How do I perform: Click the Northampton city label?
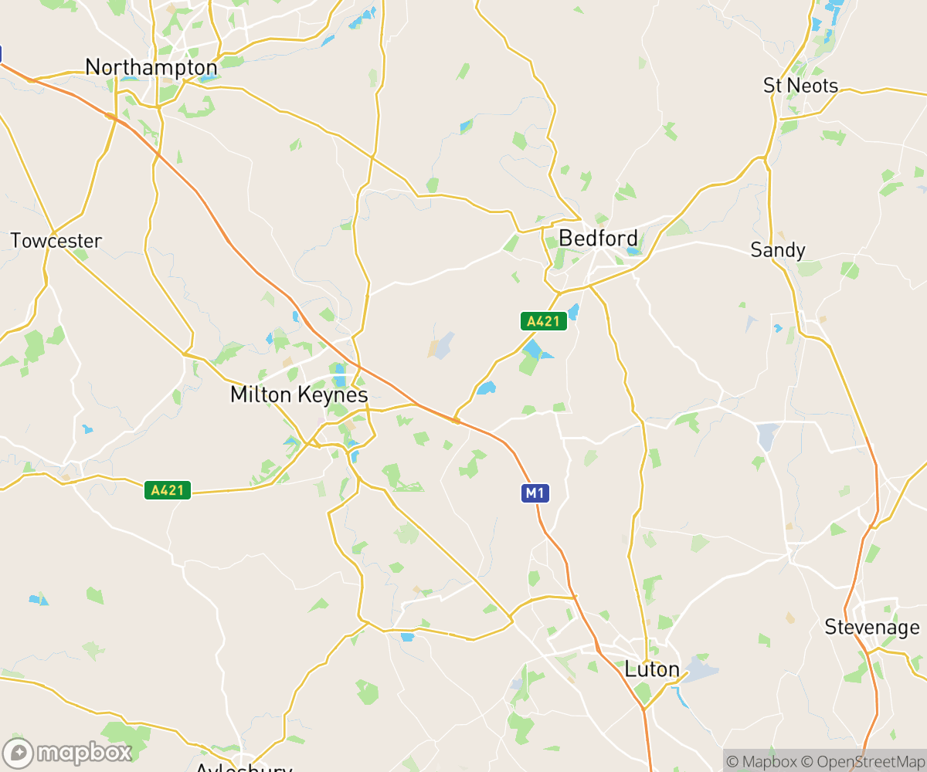coord(151,67)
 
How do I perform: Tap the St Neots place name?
coord(800,86)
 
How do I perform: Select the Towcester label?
coord(56,241)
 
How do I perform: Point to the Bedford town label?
coord(598,238)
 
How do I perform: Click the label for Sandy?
coord(778,250)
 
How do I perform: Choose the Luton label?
coord(652,669)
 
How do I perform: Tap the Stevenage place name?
coord(872,627)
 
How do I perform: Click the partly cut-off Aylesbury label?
coord(243,767)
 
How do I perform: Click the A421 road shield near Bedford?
coord(544,321)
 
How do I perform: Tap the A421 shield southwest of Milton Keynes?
coord(167,489)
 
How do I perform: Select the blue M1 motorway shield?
coord(535,493)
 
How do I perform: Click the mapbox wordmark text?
coord(84,752)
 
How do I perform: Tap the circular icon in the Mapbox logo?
coord(19,753)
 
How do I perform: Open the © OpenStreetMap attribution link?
coord(863,761)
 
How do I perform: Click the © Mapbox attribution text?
coord(760,761)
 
